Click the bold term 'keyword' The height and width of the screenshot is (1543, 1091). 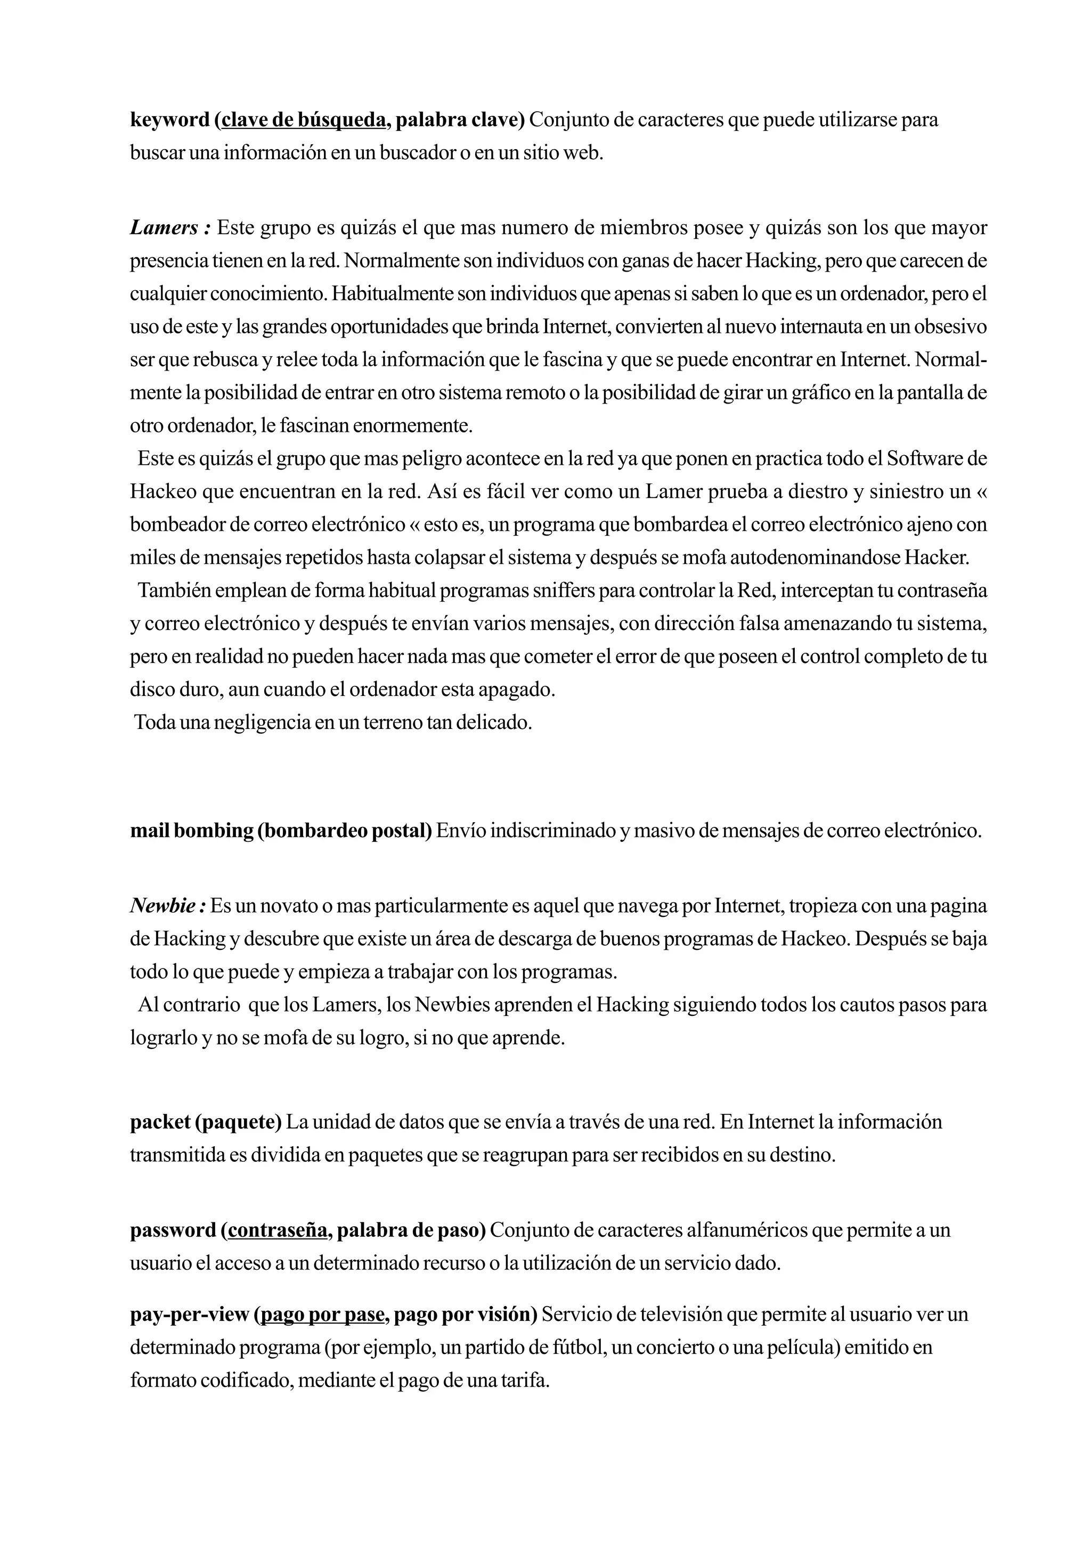pyautogui.click(x=169, y=120)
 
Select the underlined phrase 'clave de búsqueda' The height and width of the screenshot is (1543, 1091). pyautogui.click(x=303, y=120)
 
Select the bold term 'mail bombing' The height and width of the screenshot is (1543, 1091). pyautogui.click(x=191, y=831)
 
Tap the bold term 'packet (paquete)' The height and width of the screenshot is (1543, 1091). pyautogui.click(x=206, y=1122)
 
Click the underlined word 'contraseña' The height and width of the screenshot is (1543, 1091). pyautogui.click(x=278, y=1230)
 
